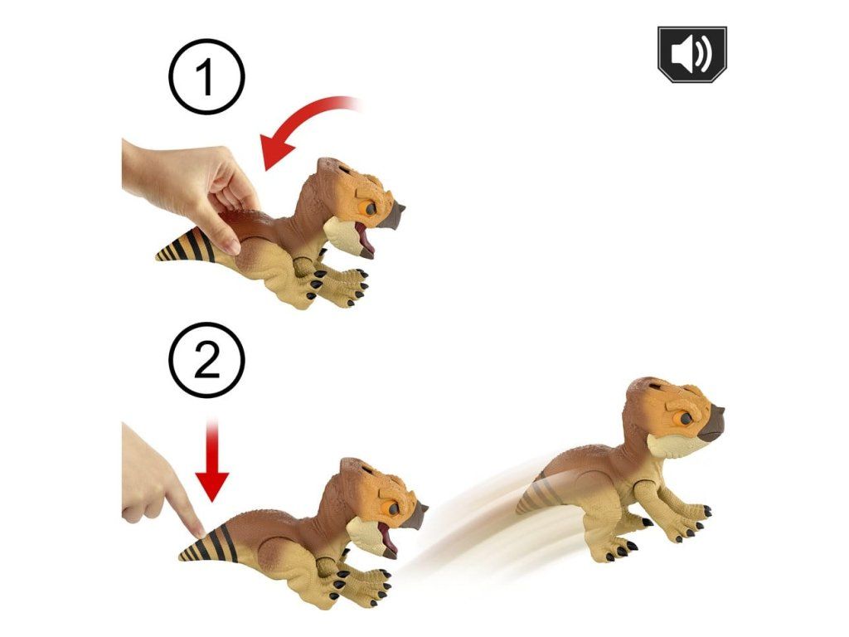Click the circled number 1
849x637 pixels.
click(206, 77)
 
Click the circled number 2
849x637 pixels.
click(206, 360)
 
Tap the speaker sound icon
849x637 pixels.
click(692, 54)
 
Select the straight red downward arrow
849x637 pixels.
click(212, 460)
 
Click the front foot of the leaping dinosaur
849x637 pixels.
click(693, 518)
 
